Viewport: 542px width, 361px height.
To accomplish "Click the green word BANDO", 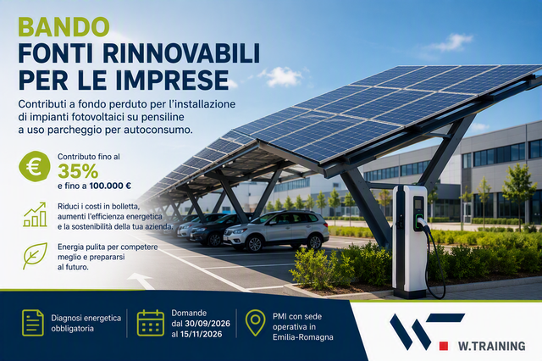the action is click(64, 27).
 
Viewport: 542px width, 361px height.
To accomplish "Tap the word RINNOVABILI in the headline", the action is click(181, 53).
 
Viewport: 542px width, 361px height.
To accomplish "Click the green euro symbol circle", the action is click(35, 167).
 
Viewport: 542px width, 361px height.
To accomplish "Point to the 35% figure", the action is click(78, 170).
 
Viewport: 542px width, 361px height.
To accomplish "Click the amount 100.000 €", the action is click(110, 186).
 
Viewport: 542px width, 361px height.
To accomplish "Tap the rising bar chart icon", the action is click(35, 214).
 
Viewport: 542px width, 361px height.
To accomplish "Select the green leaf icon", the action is click(35, 256).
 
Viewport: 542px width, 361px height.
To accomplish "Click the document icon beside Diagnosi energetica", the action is click(33, 323).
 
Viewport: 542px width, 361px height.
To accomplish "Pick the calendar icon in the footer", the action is click(151, 323).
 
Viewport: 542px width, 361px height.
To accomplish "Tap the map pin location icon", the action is click(255, 323).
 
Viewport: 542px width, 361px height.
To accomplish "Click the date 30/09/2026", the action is click(207, 324).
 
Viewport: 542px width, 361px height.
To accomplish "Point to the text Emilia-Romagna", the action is click(303, 337).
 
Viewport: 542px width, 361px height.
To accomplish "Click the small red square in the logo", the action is click(444, 346).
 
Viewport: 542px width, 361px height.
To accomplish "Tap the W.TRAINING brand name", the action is click(491, 346).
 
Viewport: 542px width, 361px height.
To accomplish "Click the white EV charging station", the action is click(409, 242).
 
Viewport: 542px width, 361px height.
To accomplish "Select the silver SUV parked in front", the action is click(275, 230).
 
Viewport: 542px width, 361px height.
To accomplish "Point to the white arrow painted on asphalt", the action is click(141, 280).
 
